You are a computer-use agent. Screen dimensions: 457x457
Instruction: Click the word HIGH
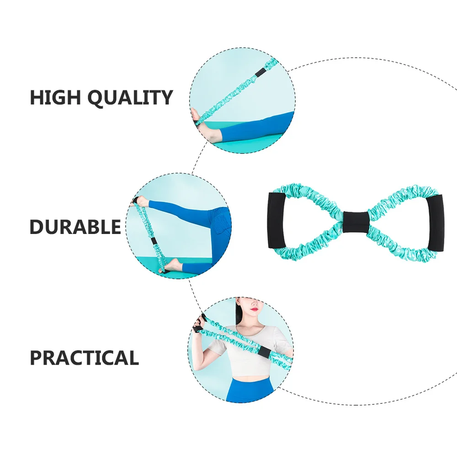[55, 98]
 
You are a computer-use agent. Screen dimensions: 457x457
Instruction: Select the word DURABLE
[75, 227]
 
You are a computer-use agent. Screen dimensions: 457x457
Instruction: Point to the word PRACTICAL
[84, 358]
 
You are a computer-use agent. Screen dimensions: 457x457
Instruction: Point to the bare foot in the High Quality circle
[208, 130]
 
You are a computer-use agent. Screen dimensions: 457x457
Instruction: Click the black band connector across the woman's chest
[264, 352]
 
